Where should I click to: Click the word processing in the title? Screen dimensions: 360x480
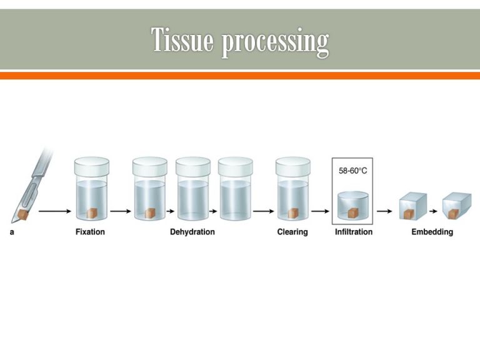pos(275,42)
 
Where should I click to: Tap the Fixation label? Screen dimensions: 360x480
pos(90,232)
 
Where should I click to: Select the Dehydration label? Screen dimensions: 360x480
pos(192,232)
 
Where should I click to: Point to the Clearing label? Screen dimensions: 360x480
pos(292,232)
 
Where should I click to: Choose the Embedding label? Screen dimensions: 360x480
pos(432,232)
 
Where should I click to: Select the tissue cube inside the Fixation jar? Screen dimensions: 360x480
pos(92,212)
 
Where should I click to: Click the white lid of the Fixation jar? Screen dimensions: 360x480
pos(91,166)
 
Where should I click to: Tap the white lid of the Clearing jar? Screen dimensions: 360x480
pos(293,166)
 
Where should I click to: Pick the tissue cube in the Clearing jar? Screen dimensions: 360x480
pos(293,212)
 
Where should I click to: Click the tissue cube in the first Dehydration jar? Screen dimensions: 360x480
pos(150,212)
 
